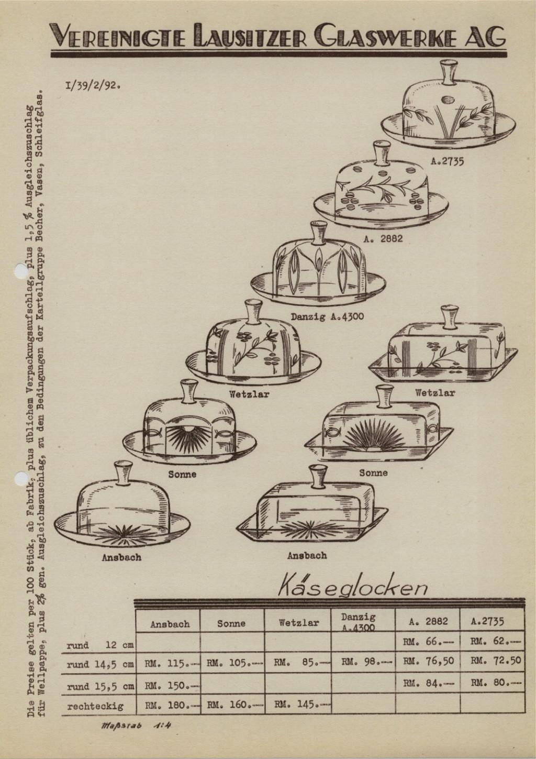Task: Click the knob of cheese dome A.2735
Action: click(448, 72)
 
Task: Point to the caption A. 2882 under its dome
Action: click(383, 239)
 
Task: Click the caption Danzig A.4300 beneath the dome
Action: click(328, 317)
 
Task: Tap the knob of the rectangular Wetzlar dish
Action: click(449, 317)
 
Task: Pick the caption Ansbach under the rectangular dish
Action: click(307, 555)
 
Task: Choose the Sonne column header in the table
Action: click(231, 623)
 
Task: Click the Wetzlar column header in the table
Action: click(299, 622)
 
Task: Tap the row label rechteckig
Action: click(95, 707)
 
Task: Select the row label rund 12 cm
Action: click(100, 645)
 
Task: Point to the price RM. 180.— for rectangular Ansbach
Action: click(172, 706)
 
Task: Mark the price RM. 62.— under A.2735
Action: click(495, 641)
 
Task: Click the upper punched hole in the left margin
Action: click(20, 271)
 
